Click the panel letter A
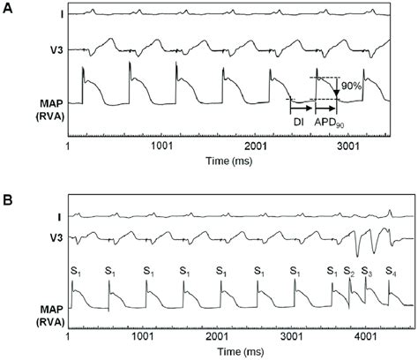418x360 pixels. click(x=7, y=6)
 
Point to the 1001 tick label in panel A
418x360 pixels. click(x=162, y=145)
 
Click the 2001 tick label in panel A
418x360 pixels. click(x=257, y=145)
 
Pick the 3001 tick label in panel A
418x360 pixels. click(x=352, y=145)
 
